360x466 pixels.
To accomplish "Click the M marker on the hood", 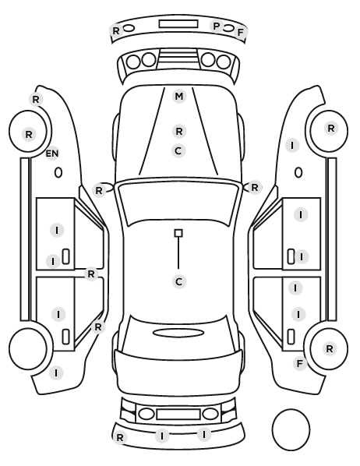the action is coord(179,97).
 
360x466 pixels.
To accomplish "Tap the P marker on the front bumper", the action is coord(217,26).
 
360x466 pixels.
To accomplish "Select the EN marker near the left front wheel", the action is coord(52,154).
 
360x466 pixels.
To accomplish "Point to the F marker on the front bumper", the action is coord(240,32).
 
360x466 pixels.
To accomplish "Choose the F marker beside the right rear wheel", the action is coord(300,363).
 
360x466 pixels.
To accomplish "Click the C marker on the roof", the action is coord(179,281).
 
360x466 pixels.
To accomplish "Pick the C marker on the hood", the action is coord(178,150).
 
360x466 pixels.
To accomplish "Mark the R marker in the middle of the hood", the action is coord(179,131).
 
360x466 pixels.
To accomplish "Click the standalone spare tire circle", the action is coord(291,429).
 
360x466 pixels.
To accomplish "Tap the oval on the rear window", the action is coord(179,333).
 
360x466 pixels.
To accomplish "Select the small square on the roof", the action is coord(178,233).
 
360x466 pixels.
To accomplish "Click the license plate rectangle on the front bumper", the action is coord(178,24).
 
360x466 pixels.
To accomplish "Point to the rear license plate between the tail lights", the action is coord(178,414).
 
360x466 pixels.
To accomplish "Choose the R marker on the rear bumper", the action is coord(120,437).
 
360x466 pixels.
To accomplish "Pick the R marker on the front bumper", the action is coord(116,30).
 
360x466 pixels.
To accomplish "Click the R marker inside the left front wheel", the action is coord(29,134).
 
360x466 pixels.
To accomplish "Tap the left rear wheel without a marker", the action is coord(28,348).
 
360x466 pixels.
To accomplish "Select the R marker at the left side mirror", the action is coord(99,190).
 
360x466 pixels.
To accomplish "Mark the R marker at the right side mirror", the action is coord(255,188).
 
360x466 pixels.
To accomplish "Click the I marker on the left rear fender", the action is coord(56,372).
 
